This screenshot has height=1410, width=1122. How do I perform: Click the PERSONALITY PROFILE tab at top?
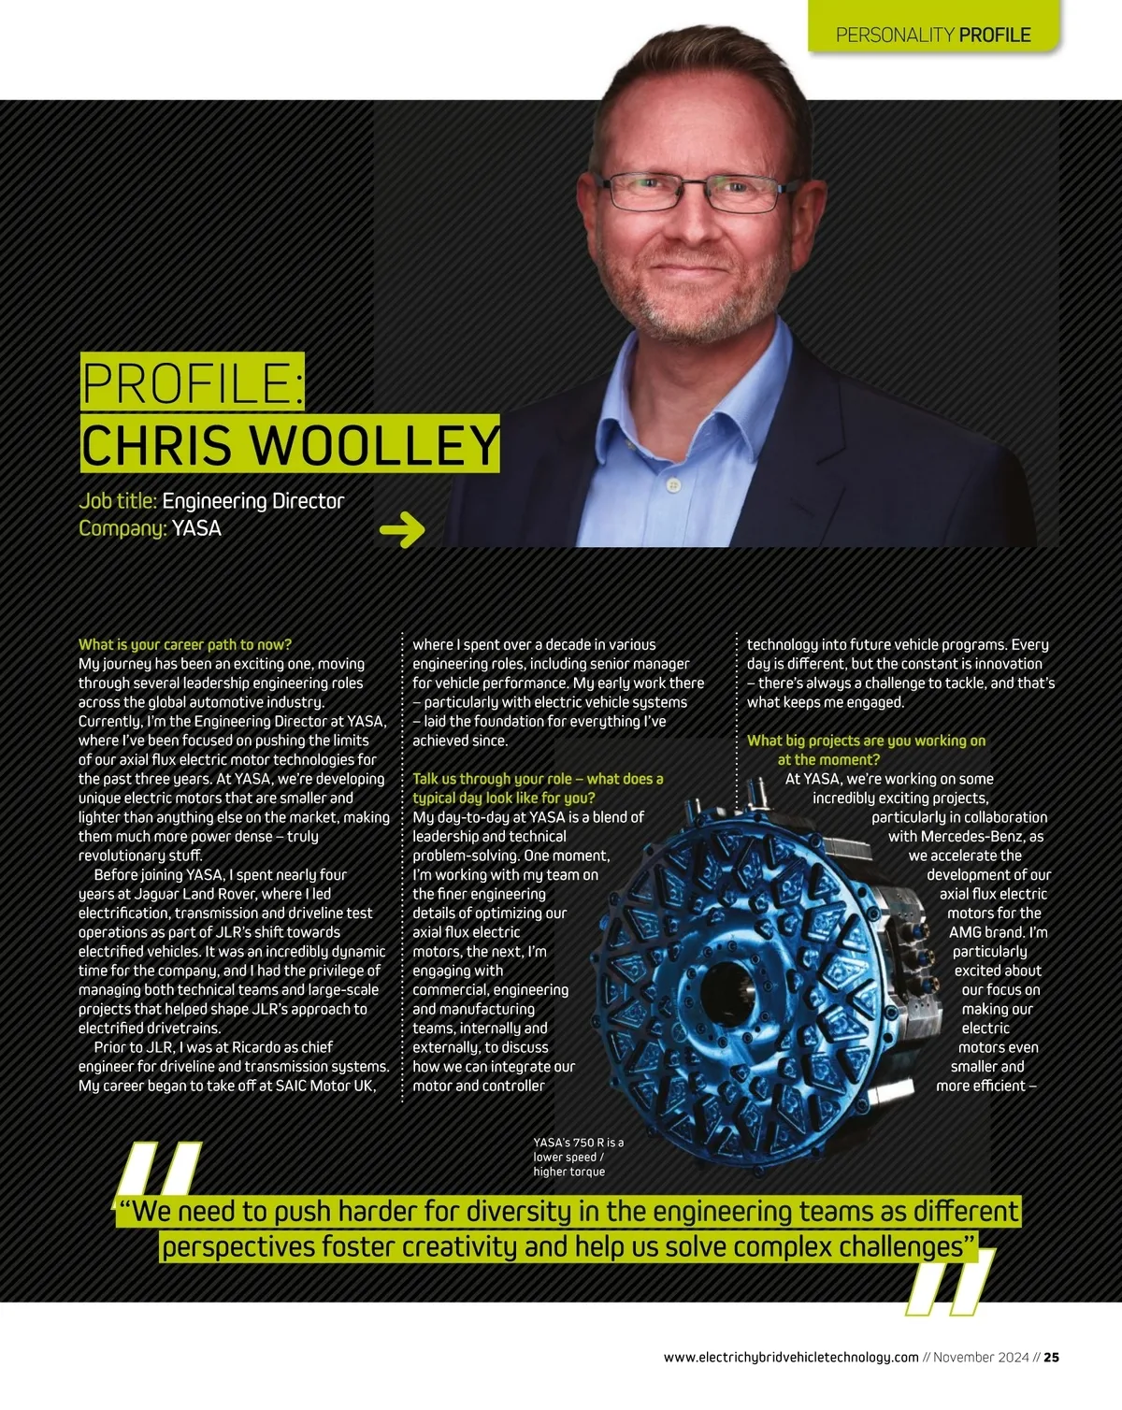933,36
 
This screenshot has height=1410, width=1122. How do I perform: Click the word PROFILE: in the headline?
192,383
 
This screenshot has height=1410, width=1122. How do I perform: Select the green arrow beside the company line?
402,529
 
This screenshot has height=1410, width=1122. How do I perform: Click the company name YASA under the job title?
196,528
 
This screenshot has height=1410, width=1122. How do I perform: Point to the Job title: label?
118,501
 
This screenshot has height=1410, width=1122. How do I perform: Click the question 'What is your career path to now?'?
185,644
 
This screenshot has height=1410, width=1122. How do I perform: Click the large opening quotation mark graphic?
159,1173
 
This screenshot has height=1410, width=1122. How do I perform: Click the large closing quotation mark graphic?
946,1278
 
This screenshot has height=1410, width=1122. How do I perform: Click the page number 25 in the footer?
1052,1358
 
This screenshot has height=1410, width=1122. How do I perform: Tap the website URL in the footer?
791,1358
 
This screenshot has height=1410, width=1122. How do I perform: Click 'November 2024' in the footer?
981,1358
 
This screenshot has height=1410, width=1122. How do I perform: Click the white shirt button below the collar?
673,486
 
